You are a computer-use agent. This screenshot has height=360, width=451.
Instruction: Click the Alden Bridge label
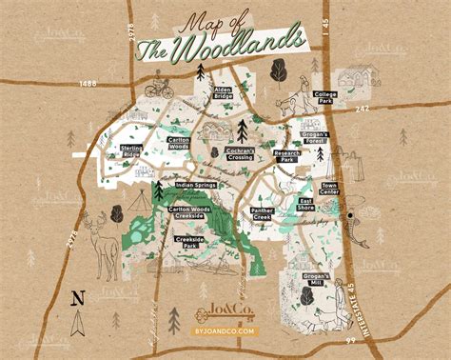tap(222, 93)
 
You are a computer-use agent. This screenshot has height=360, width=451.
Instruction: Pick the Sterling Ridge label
tap(131, 150)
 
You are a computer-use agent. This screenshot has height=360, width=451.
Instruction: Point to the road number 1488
tap(89, 83)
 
